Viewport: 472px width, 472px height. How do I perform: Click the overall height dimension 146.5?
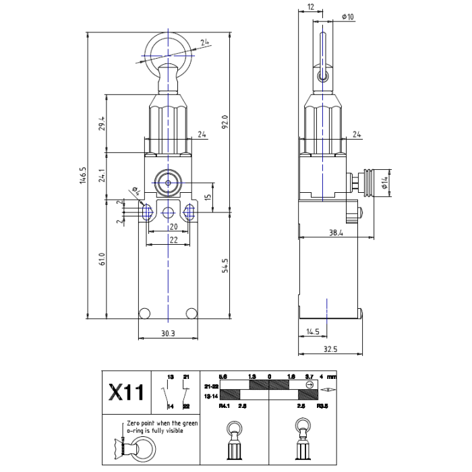tap(83, 175)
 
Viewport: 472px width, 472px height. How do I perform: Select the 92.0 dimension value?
tap(226, 121)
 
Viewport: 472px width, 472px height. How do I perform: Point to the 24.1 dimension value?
tap(102, 175)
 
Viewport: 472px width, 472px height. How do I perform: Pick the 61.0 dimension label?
tap(102, 259)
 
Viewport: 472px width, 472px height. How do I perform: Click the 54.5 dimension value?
tap(226, 265)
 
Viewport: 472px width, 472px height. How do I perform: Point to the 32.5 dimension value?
tap(330, 349)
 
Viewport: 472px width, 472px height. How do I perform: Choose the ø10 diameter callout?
tap(348, 16)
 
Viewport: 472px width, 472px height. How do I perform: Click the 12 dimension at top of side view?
tap(309, 7)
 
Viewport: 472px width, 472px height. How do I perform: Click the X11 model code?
tap(125, 392)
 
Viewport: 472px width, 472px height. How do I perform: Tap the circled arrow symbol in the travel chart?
tap(309, 384)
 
